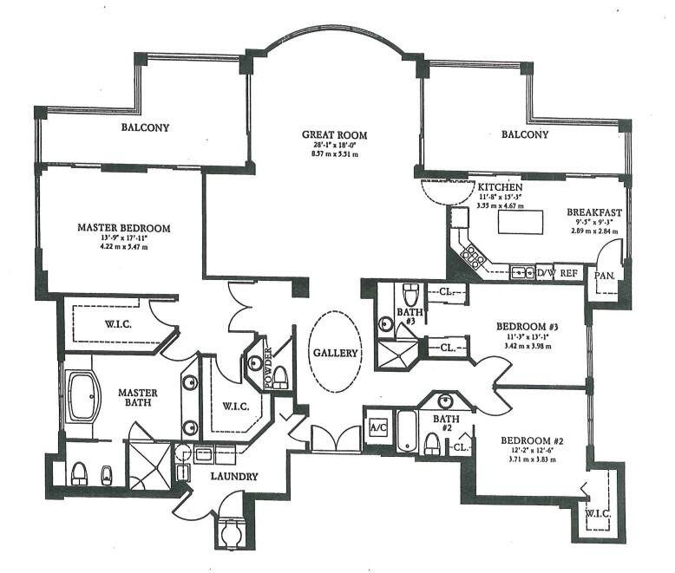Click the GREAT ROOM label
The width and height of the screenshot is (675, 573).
tap(334, 135)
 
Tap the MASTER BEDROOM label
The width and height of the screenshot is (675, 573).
tap(124, 228)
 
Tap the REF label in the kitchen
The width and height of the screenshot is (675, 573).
tap(569, 273)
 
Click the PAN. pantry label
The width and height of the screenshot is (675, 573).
tap(604, 275)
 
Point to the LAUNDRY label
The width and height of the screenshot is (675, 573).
tap(233, 476)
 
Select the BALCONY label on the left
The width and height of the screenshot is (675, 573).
tap(145, 127)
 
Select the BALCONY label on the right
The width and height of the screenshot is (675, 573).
tap(525, 134)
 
